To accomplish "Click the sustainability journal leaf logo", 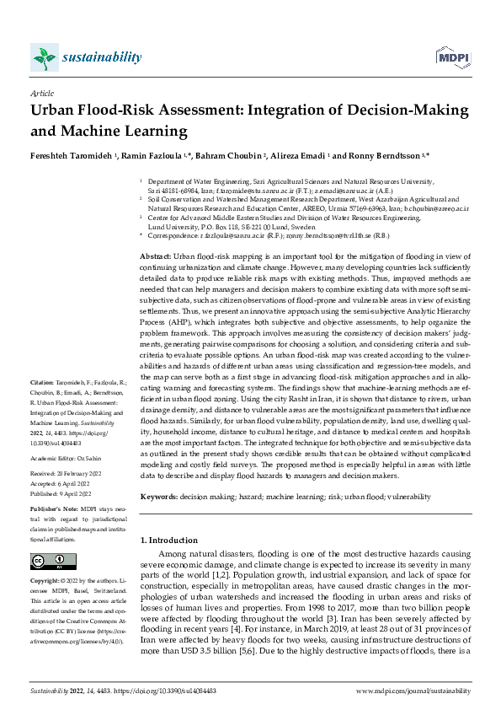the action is [x=44, y=57].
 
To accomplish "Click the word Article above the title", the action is [x=41, y=94].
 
